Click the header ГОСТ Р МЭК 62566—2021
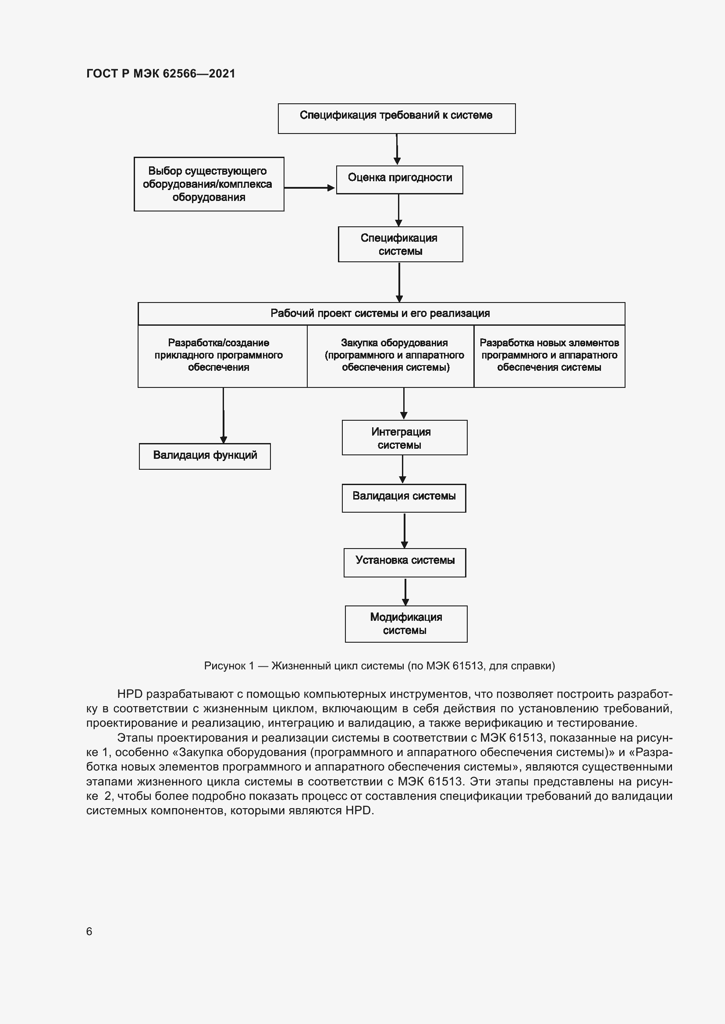coord(161,74)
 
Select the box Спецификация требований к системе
coord(396,118)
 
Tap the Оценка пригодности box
coord(400,179)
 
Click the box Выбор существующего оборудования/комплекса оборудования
coord(209,184)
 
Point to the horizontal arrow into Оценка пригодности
coord(309,188)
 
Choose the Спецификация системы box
coord(401,244)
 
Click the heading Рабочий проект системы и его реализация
coord(380,313)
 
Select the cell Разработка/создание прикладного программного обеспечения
coord(219,355)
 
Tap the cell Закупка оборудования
coord(394,355)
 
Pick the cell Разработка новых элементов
coord(549,355)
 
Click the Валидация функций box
coord(205,456)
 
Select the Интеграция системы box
coord(405,437)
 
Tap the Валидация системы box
coord(404,498)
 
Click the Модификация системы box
coord(406,623)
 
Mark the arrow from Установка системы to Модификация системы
coord(405,591)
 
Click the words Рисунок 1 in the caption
coord(228,666)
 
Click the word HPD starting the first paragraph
coord(129,694)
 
